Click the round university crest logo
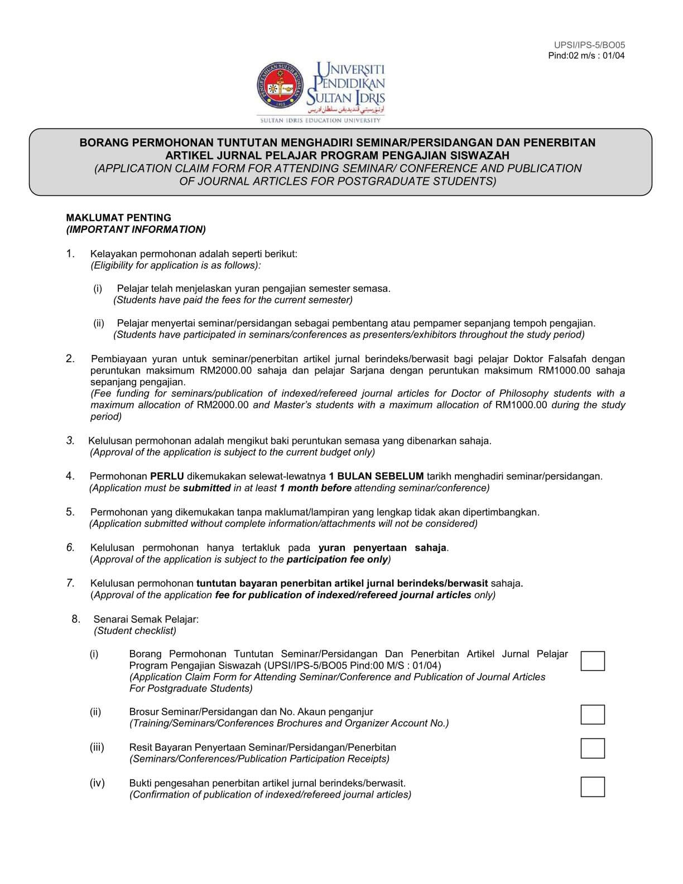point(281,88)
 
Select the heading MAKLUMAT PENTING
point(118,218)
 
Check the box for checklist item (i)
point(592,661)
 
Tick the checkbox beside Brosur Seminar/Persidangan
point(592,714)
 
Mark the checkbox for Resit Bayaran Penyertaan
point(592,748)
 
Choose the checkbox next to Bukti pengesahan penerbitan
point(592,786)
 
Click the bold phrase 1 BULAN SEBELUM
point(376,476)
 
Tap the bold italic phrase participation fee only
point(337,559)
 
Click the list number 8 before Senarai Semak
point(76,618)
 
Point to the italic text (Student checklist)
point(134,631)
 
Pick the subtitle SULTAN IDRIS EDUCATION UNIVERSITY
point(320,120)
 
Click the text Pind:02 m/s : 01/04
point(586,55)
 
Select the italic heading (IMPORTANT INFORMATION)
point(136,229)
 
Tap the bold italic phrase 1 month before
point(315,488)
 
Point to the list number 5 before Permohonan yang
point(70,512)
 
